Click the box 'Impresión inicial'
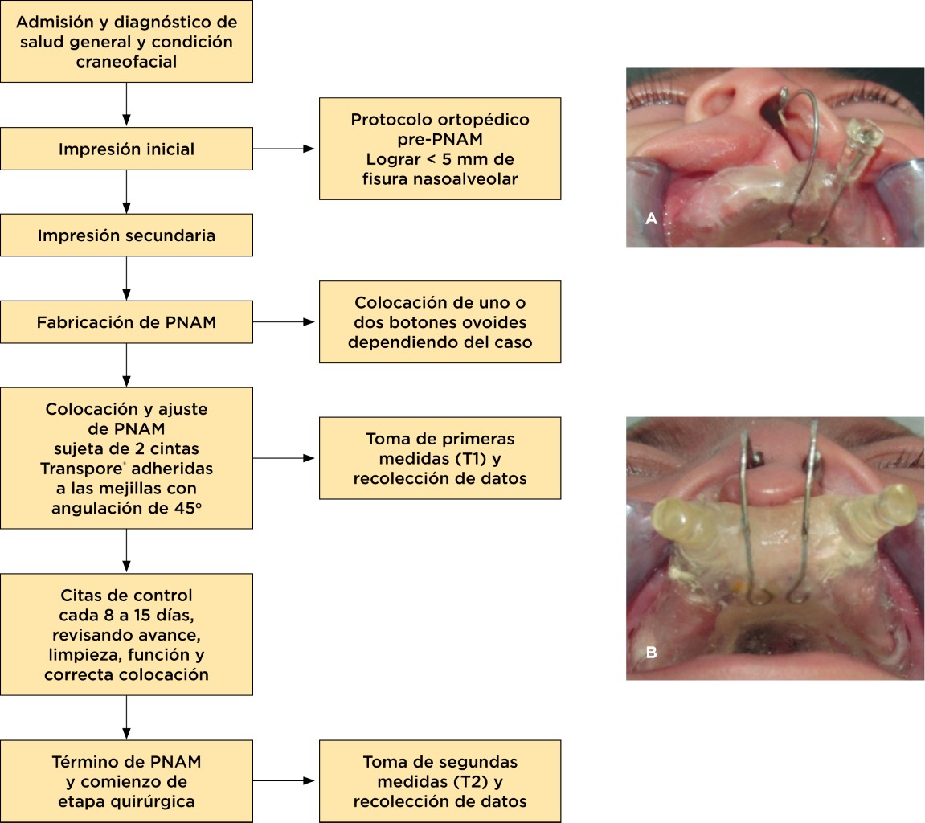click(127, 149)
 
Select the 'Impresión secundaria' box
click(127, 235)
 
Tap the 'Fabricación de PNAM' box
click(127, 322)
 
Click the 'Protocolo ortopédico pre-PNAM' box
click(440, 149)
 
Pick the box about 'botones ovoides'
click(440, 322)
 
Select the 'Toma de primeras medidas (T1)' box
click(440, 458)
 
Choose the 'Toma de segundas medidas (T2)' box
click(440, 781)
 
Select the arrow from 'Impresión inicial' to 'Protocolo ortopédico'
click(285, 149)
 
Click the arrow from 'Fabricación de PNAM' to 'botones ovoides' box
click(285, 322)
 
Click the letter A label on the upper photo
click(651, 218)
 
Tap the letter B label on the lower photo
click(651, 653)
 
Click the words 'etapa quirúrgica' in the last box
click(127, 801)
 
